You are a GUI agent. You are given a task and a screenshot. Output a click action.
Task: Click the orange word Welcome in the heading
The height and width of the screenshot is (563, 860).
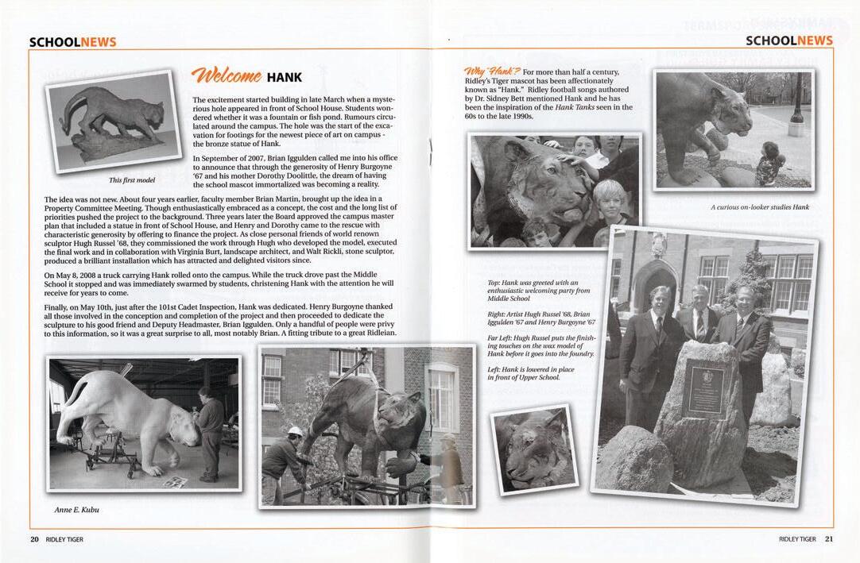coord(227,76)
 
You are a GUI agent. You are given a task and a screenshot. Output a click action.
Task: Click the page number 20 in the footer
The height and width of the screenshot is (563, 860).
coord(34,539)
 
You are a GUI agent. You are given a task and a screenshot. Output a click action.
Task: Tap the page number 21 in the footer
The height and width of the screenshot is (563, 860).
coord(829,539)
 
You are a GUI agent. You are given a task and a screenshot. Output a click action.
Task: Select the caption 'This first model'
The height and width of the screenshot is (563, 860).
coord(132,179)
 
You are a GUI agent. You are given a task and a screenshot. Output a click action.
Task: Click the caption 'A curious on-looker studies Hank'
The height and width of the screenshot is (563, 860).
coord(759,207)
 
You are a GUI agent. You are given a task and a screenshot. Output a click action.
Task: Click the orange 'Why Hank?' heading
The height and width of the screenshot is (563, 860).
coord(491,72)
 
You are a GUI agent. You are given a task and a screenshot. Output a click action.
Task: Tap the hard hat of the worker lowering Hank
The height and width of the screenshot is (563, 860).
coord(295,431)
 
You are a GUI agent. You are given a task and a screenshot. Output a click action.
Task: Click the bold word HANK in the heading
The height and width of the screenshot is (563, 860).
coord(284,77)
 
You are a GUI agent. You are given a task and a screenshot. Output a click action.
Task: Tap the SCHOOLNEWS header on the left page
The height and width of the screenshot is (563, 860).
coord(72,42)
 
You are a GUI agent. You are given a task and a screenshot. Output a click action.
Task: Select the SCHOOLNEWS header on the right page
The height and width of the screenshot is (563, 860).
coord(788,41)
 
